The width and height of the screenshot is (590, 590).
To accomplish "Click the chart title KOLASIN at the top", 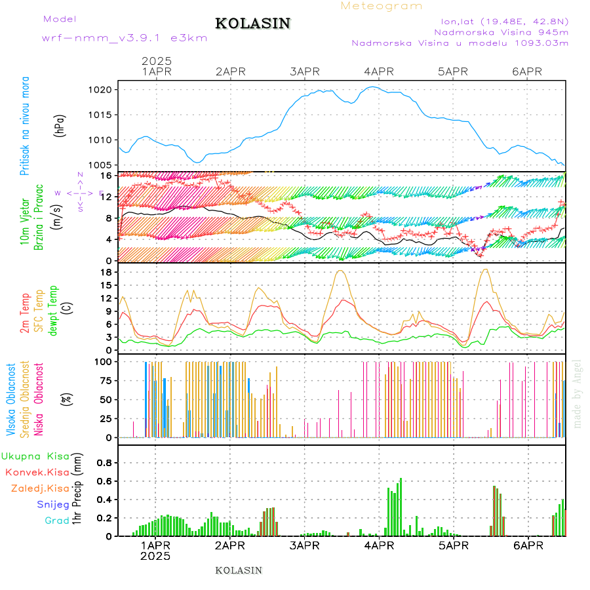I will pos(252,24).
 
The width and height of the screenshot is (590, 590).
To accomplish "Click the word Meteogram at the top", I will pos(382,6).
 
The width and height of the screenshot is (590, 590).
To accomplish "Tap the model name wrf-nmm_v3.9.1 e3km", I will pos(125,38).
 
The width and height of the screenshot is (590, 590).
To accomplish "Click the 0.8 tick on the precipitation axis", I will pos(104,462).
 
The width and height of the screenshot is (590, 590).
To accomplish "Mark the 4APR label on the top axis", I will pos(378,71).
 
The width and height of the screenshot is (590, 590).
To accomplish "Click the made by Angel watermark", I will pos(578,393).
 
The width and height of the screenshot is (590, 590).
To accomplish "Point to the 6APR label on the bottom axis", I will pos(526,545).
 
